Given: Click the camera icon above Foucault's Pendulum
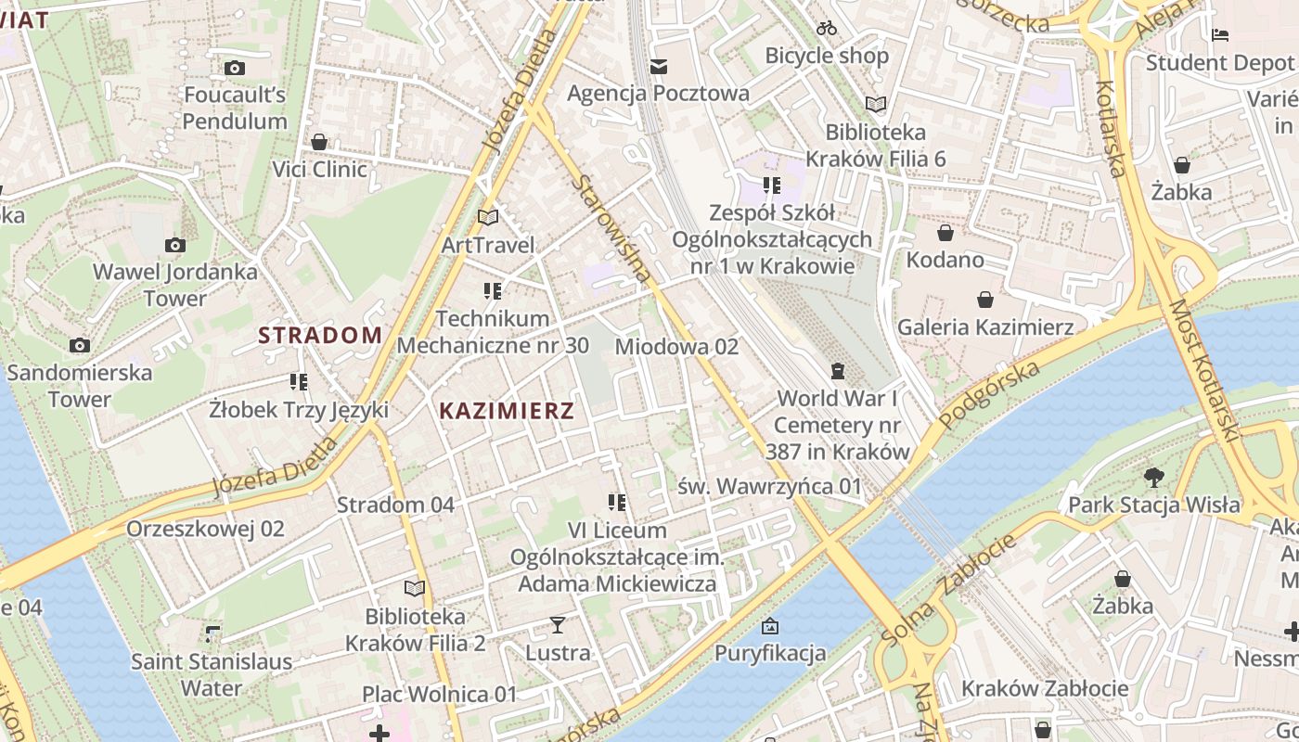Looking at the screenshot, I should click(235, 68).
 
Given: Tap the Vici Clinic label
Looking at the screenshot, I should click(319, 169).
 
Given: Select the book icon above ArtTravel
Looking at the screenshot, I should click(488, 217).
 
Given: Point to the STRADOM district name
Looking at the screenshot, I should click(320, 335).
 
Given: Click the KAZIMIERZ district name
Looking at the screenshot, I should click(507, 410).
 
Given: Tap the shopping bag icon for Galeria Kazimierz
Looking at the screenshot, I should click(984, 300).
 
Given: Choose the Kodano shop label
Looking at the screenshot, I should click(945, 259).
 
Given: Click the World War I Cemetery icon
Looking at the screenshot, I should click(838, 372).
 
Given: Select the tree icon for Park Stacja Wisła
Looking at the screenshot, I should click(1153, 478).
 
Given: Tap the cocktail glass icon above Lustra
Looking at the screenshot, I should click(557, 625).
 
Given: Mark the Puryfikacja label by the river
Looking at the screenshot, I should click(769, 653).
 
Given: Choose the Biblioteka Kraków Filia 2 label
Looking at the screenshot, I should click(415, 630).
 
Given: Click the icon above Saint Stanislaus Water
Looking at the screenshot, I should click(212, 634).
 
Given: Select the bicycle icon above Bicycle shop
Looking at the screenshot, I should click(827, 28).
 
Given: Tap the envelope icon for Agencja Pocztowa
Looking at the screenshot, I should click(659, 66).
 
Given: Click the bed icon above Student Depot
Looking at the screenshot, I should click(1220, 35).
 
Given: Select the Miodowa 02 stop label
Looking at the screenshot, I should click(676, 347).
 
